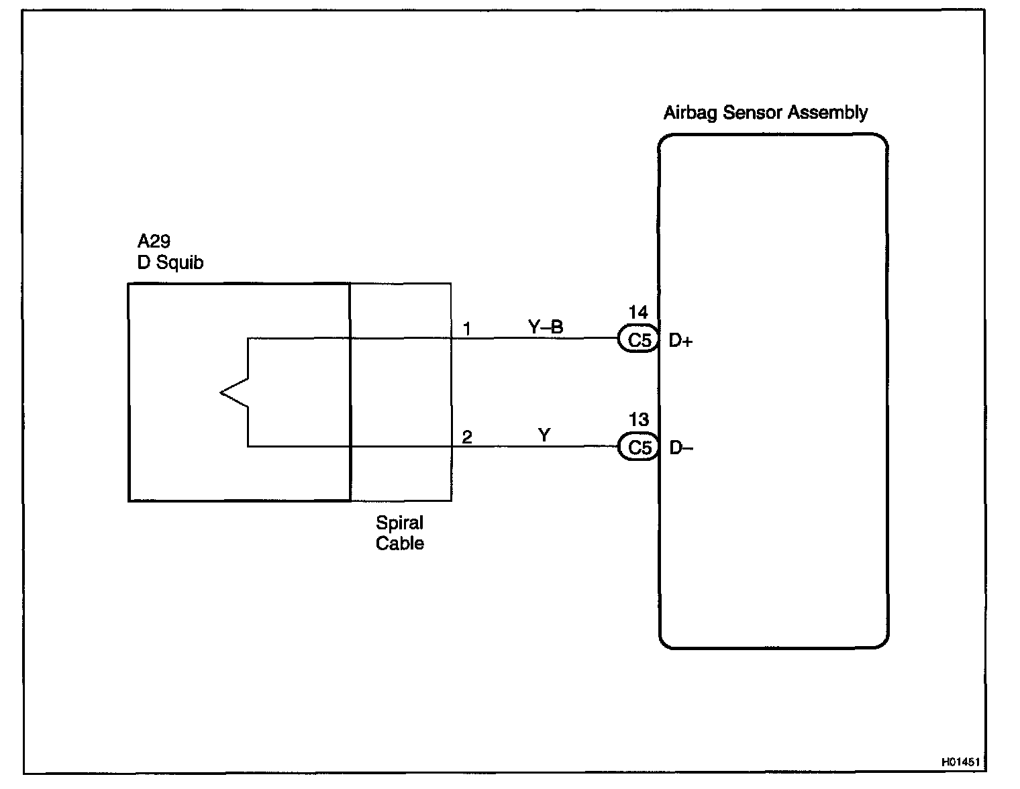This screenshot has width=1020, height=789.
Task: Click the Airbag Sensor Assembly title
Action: click(765, 113)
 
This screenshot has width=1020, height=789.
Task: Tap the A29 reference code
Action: click(154, 242)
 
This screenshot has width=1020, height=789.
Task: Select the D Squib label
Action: click(170, 263)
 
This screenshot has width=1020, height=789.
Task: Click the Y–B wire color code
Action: click(546, 327)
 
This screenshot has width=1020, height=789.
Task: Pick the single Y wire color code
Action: click(544, 435)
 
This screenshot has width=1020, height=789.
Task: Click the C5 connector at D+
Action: click(639, 340)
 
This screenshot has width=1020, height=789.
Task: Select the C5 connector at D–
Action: click(639, 448)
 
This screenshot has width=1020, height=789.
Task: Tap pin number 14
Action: click(638, 312)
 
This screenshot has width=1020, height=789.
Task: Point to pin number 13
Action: click(638, 420)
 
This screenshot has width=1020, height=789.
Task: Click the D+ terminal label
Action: click(680, 341)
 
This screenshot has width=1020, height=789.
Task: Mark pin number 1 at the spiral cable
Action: click(467, 329)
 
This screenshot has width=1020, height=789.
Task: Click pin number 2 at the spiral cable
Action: click(467, 437)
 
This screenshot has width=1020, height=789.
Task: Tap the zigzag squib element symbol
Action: click(235, 392)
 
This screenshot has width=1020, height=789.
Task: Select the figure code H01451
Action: click(960, 762)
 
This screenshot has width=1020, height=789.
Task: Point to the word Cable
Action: click(400, 543)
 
